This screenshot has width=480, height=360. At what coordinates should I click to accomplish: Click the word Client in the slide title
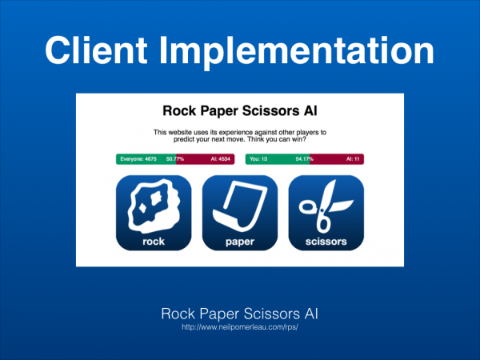coord(96,50)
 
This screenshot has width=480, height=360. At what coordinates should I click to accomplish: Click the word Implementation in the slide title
coord(296,53)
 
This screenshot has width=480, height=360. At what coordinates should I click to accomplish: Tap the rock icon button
coord(154,213)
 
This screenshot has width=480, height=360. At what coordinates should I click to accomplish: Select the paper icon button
coord(240,213)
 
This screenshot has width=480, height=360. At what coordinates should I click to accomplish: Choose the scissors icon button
coord(326,213)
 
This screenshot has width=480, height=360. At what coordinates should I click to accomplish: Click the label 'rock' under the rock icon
coord(154,242)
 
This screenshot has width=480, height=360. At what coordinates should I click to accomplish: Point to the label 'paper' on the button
coord(240,242)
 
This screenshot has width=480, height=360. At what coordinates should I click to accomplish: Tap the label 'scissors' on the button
coord(326,242)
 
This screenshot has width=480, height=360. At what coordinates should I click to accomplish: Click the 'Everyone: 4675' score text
coord(138,159)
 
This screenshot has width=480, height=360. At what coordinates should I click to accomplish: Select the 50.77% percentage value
coord(175,159)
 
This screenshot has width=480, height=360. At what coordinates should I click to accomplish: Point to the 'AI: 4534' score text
coord(221,159)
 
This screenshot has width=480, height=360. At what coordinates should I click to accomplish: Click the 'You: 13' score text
coord(258,159)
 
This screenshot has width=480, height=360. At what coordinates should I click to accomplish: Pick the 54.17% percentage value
coord(305,159)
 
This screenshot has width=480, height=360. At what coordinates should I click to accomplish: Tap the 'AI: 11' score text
coord(353,159)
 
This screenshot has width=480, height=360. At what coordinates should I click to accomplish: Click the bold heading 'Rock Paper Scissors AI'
coord(240,111)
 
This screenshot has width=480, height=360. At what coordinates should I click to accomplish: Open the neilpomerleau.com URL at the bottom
coord(240,327)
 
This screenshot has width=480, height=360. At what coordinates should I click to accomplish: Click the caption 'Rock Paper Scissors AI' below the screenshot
coord(240,314)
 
